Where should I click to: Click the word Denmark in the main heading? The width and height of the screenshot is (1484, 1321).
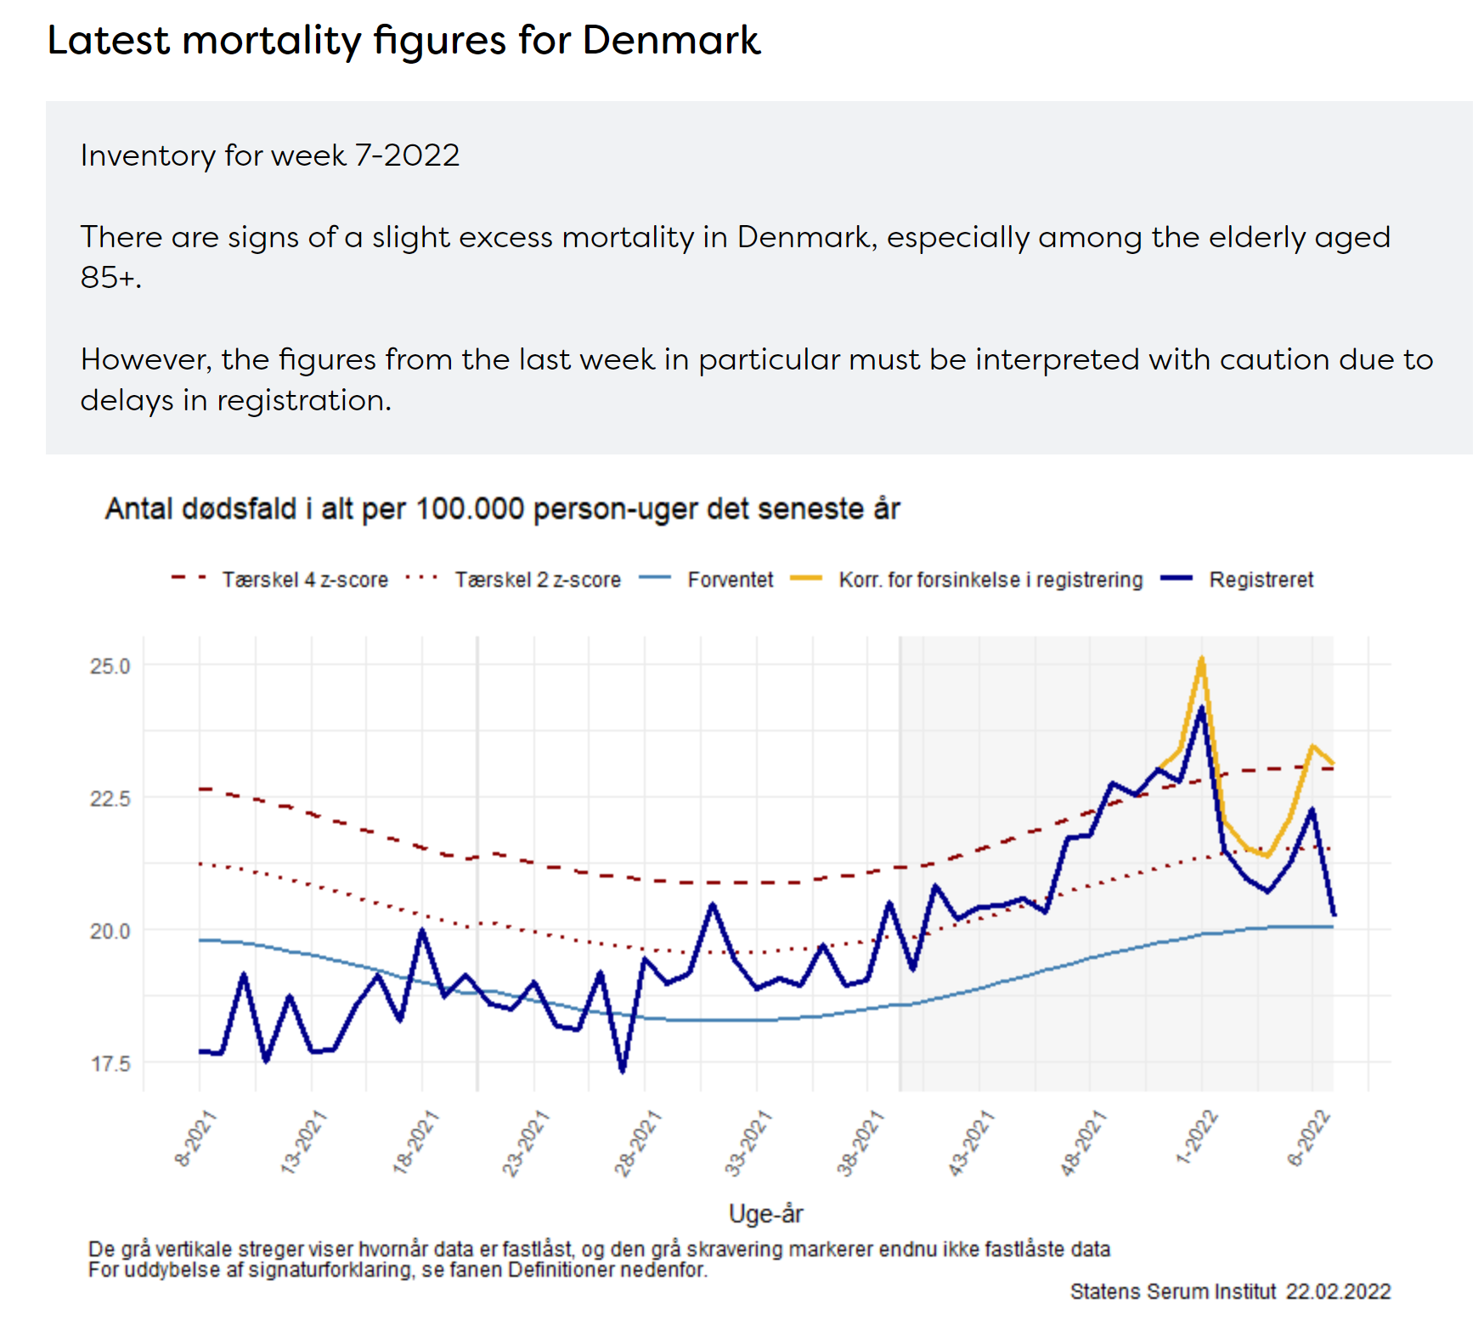[x=670, y=40]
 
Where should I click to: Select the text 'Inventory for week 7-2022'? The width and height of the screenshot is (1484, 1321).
[x=269, y=155]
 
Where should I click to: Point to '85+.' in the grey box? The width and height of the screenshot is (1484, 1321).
[x=110, y=277]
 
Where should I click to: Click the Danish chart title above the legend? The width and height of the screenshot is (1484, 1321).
[x=501, y=509]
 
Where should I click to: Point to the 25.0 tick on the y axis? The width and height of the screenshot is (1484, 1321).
[x=110, y=666]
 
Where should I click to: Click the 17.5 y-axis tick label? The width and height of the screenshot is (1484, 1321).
[x=110, y=1064]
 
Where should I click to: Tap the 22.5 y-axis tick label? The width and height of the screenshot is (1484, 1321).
[x=110, y=799]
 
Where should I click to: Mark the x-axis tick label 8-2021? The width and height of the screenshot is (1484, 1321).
[x=195, y=1138]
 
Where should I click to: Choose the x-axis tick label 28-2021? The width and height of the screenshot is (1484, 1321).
[x=637, y=1143]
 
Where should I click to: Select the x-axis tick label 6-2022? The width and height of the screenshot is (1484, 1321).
[x=1308, y=1138]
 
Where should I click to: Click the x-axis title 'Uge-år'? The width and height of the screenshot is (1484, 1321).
[x=765, y=1214]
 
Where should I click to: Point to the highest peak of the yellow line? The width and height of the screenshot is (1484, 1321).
[x=1201, y=658]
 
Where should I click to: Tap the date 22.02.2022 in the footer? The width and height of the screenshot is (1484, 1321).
[x=1338, y=1291]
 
